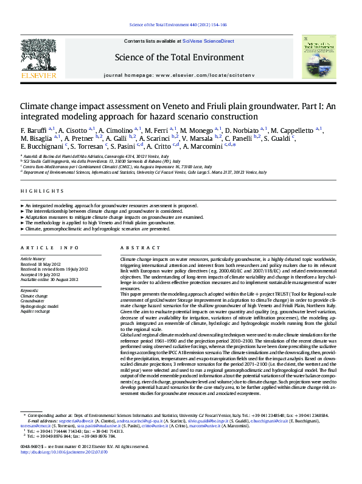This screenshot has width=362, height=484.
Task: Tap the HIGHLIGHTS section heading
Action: click(38, 191)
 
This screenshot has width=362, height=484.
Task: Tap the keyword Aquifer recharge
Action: click(36, 311)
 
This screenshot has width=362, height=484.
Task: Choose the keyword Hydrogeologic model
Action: click(40, 306)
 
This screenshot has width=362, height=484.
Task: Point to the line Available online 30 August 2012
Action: click(49, 279)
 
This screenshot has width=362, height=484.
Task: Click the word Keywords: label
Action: click(30, 290)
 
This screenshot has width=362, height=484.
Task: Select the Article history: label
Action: click(33, 258)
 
